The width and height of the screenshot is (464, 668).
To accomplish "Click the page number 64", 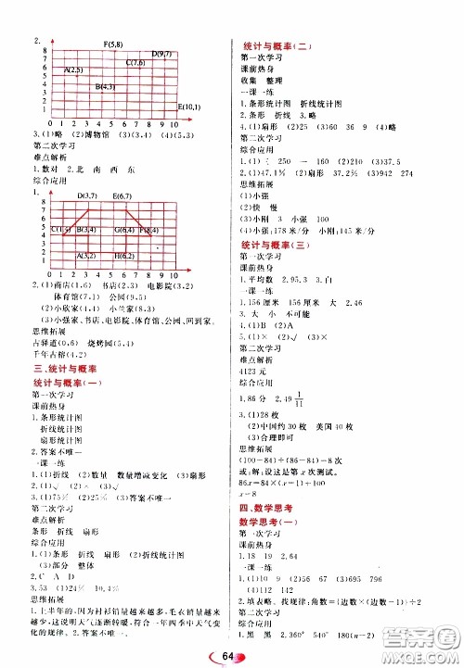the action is tap(232, 654).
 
